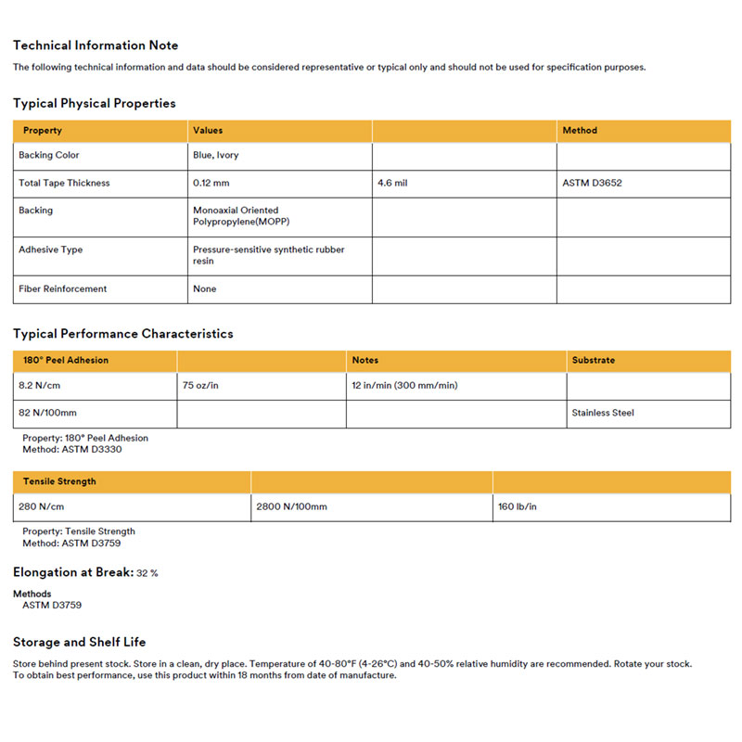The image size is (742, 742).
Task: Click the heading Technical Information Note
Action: pos(96,45)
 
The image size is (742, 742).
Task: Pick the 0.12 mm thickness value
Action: pos(211,184)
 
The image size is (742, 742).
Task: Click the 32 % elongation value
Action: pos(147,573)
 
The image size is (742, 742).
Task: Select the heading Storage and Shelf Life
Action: pos(79,642)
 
